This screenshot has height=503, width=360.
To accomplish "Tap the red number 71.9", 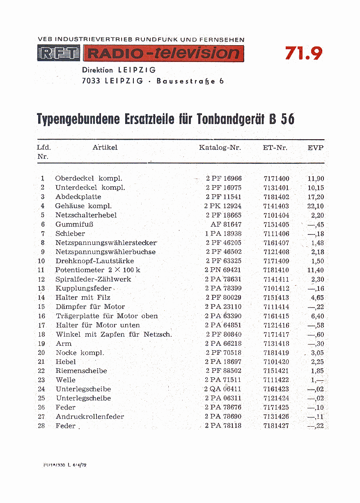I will point(304,53).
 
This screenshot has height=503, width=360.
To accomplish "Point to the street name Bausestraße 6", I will point(190,81).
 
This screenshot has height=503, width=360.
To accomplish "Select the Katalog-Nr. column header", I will point(220,148).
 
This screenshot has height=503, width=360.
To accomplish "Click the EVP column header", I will point(315,148).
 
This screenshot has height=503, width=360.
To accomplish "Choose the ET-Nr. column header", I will point(275,148).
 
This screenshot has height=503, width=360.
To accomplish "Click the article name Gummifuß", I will point(74,225).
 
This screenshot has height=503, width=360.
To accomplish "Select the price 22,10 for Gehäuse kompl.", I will point(315,206).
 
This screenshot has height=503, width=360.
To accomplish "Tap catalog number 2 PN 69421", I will point(222,270).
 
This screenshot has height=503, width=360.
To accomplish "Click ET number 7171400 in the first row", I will point(276,179).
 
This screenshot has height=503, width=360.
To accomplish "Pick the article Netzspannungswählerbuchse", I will point(105,252).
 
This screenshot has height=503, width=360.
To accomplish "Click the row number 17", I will point(41,325).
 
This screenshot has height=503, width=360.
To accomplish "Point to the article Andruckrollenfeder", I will point(90,417).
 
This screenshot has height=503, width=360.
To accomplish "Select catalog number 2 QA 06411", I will point(222,389).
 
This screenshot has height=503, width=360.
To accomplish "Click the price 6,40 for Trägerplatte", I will point(317,316).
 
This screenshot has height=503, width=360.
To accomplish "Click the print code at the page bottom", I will point(65,465).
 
